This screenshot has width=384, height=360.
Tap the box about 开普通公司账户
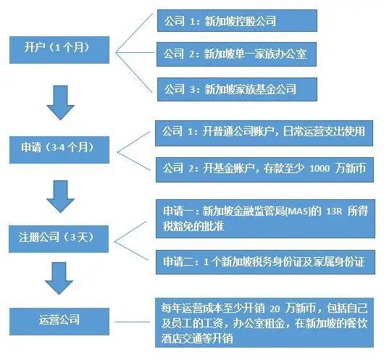(264, 133)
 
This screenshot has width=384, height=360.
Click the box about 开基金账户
(264, 167)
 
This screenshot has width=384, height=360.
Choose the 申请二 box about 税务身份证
(264, 259)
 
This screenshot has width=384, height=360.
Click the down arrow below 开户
(61, 101)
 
